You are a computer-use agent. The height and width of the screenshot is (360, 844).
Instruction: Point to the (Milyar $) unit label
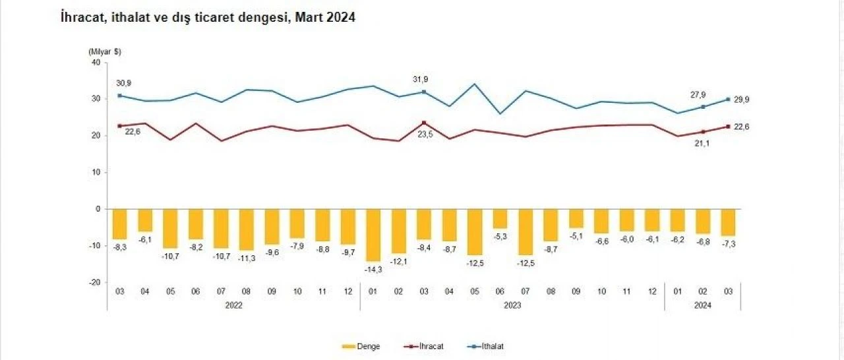coord(104,51)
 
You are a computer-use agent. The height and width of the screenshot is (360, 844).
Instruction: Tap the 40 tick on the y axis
coord(95,63)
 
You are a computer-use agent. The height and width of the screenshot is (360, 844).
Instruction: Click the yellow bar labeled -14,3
coord(373,235)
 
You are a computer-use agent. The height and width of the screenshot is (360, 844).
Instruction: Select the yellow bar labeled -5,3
coord(500,218)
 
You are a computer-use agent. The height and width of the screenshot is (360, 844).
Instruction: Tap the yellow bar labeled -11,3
coord(246,229)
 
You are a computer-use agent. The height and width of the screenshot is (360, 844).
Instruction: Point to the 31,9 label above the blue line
coord(420,80)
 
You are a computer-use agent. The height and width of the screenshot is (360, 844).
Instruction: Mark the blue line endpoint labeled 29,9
coord(727,99)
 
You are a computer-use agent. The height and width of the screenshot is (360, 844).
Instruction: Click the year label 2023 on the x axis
coord(513,305)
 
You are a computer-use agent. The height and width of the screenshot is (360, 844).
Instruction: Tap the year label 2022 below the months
coord(233,305)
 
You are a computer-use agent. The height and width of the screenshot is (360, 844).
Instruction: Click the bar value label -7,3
coord(728,244)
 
